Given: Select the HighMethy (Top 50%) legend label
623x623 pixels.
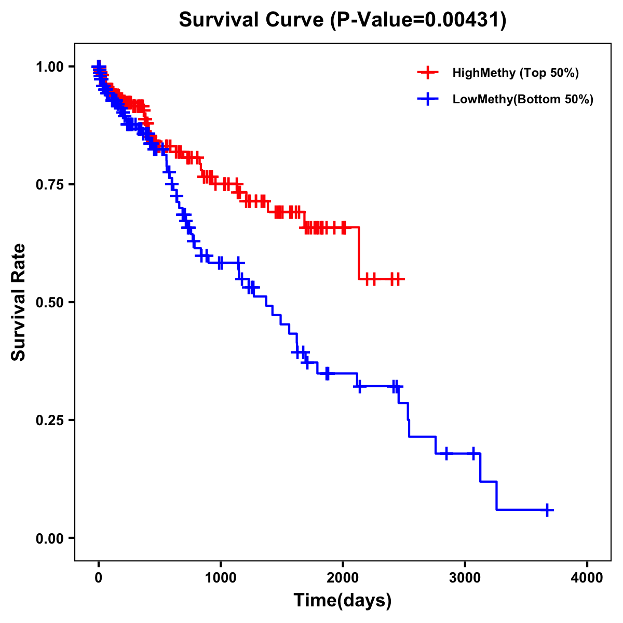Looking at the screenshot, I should click(516, 73).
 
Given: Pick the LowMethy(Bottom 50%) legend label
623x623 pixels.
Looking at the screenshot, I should click(523, 99).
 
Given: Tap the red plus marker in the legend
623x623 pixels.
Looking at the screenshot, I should click(428, 73).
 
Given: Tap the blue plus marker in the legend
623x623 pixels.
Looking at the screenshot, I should click(428, 99).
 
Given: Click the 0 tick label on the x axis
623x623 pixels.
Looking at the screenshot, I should click(98, 578).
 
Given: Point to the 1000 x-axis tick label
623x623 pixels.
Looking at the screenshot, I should click(221, 578).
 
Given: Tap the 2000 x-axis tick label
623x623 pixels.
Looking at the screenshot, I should click(343, 578).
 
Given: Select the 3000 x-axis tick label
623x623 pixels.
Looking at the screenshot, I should click(465, 578).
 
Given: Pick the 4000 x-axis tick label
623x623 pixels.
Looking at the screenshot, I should click(587, 578).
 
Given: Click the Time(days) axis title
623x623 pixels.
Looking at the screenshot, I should click(343, 601).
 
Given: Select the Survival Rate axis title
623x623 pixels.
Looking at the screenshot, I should click(19, 302).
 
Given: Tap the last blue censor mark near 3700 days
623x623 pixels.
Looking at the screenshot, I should click(547, 510).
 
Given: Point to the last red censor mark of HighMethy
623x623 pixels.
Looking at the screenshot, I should click(398, 279).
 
